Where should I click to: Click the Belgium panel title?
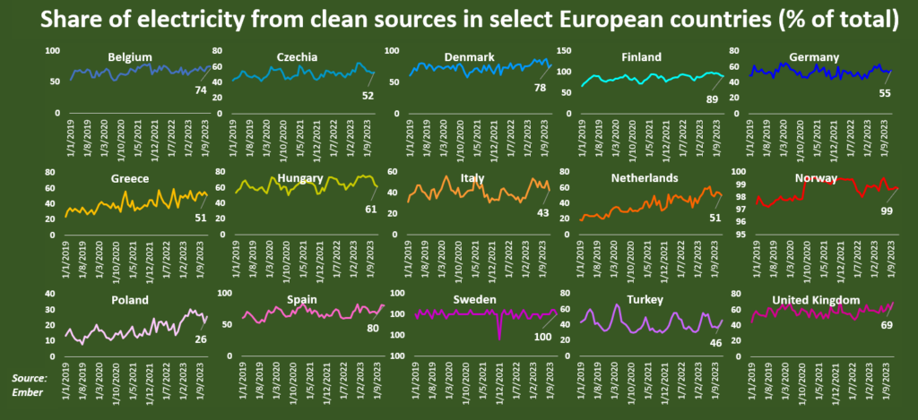129,57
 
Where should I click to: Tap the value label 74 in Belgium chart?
200,90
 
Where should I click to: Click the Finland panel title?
642,57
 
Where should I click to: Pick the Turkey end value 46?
714,342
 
